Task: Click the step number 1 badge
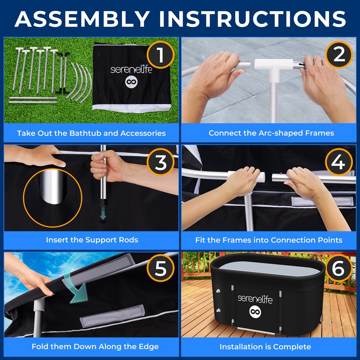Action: coord(161,55)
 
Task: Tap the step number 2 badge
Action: coord(339,55)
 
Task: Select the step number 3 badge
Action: coord(161,162)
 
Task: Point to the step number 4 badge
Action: coord(339,162)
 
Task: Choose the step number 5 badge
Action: coord(161,268)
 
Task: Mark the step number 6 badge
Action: coord(339,268)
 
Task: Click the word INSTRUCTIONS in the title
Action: coord(252,19)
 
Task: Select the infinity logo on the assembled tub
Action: coord(255,311)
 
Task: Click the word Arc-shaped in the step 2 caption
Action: coord(281,133)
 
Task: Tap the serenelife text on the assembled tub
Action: coord(255,299)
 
